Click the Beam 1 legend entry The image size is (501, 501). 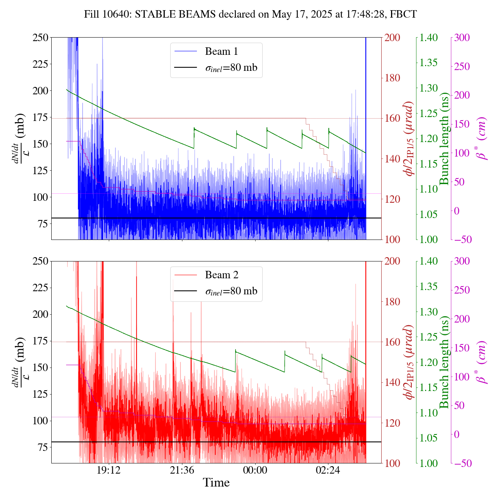pyautogui.click(x=221, y=52)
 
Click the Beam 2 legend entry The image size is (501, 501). pyautogui.click(x=221, y=275)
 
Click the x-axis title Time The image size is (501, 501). pyautogui.click(x=216, y=483)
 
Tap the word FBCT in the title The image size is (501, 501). pyautogui.click(x=404, y=14)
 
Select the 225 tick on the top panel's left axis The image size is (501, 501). pyautogui.click(x=40, y=64)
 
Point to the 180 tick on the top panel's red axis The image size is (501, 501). pyautogui.click(x=393, y=78)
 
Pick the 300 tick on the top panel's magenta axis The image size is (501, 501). pyautogui.click(x=462, y=38)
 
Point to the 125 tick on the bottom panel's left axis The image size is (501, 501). pyautogui.click(x=40, y=394)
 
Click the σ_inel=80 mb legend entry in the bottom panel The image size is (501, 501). pyautogui.click(x=231, y=291)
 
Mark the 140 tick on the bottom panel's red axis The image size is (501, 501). pyautogui.click(x=393, y=382)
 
